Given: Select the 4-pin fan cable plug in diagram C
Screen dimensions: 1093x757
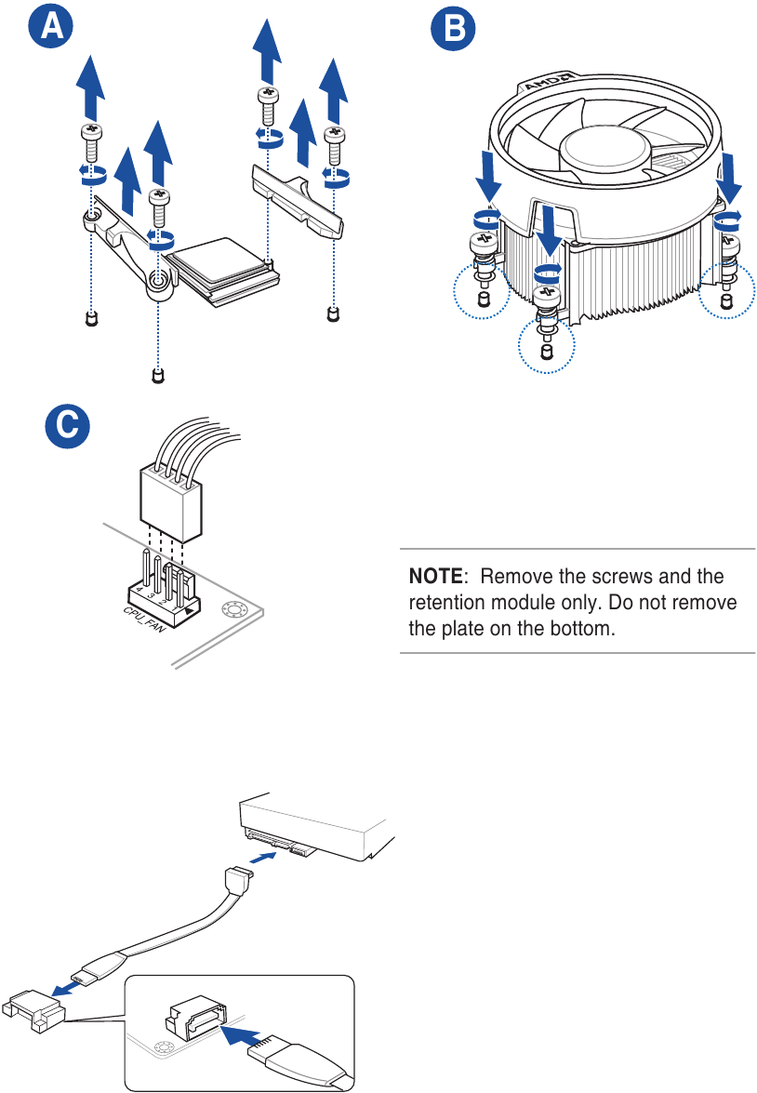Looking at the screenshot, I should coord(171,503).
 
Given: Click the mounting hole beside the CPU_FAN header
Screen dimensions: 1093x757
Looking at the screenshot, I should coord(232,610).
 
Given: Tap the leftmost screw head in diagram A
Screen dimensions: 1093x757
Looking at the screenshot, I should coord(90,133).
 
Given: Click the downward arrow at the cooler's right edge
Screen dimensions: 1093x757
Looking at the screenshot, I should coord(730,178).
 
